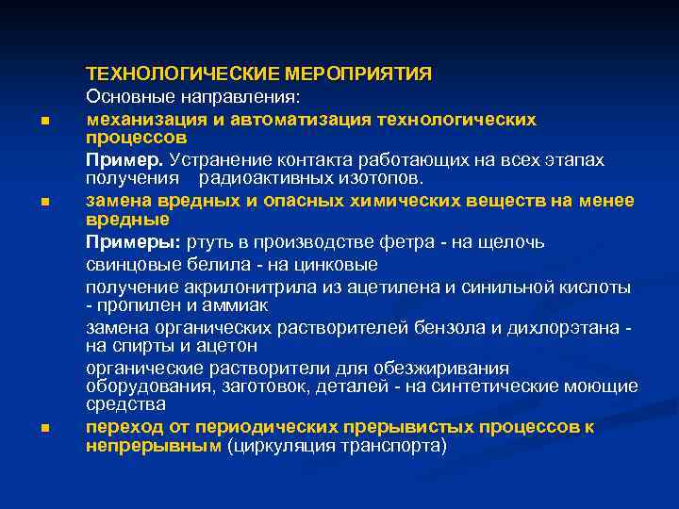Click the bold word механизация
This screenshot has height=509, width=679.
(x=143, y=120)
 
